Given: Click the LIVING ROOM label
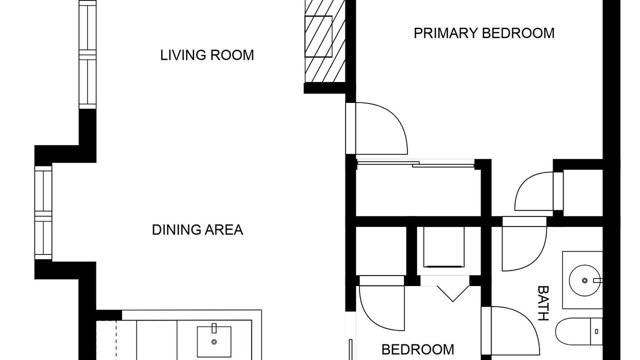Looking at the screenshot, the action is click(x=207, y=55).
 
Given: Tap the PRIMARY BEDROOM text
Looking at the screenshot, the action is click(x=484, y=33).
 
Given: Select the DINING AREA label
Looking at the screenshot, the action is click(x=197, y=229).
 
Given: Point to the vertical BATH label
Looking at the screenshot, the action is click(x=543, y=303).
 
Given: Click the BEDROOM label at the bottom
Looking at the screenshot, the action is click(x=417, y=349).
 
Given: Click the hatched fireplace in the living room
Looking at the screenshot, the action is click(x=325, y=41).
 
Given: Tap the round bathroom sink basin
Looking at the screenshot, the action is click(x=584, y=280).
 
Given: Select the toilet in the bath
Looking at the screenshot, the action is click(x=579, y=332).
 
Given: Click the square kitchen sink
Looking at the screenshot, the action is click(x=214, y=341).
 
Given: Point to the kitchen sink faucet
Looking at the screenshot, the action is click(x=214, y=328).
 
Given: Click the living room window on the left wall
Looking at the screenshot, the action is click(x=87, y=54).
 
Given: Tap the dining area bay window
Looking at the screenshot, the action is click(x=43, y=213).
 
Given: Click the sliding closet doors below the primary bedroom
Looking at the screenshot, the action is click(x=415, y=164).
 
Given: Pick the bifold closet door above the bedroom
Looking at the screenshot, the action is click(x=453, y=293).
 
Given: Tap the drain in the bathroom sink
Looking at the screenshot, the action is click(x=584, y=280).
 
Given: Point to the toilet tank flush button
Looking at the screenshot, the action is click(x=596, y=331).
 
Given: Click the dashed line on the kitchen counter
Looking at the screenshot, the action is click(x=116, y=340).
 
